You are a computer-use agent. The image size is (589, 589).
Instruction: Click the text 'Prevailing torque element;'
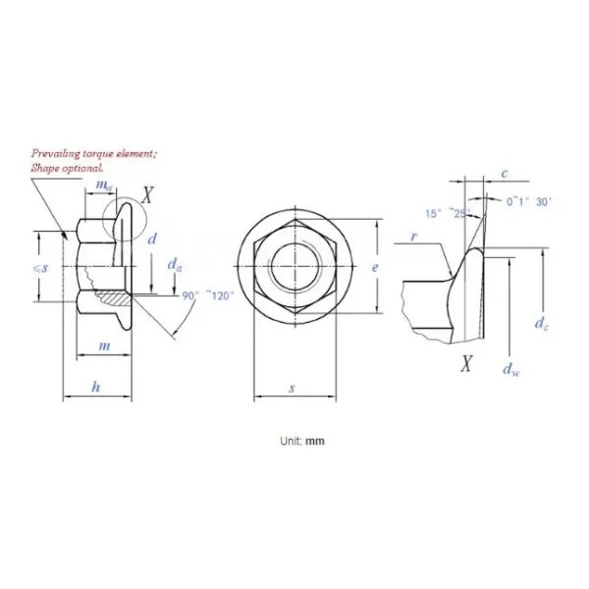(x=93, y=155)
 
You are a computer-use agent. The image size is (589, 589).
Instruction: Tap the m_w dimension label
(x=102, y=186)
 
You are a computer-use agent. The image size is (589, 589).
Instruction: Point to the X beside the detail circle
(x=147, y=194)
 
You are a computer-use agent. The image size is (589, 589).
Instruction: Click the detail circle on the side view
(x=122, y=211)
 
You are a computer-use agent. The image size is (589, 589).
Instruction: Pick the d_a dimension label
(x=175, y=264)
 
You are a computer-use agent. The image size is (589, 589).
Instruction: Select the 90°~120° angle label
(x=210, y=294)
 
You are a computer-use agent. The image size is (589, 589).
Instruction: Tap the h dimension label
(x=95, y=387)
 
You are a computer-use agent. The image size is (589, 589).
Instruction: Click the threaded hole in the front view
(x=293, y=266)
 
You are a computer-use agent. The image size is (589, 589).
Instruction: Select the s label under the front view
(x=292, y=389)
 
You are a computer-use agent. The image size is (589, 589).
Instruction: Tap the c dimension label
(x=505, y=174)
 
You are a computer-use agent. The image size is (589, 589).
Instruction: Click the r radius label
(x=417, y=236)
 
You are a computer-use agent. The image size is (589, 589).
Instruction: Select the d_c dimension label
(x=541, y=322)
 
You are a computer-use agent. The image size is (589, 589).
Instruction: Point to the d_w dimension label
(x=509, y=368)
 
